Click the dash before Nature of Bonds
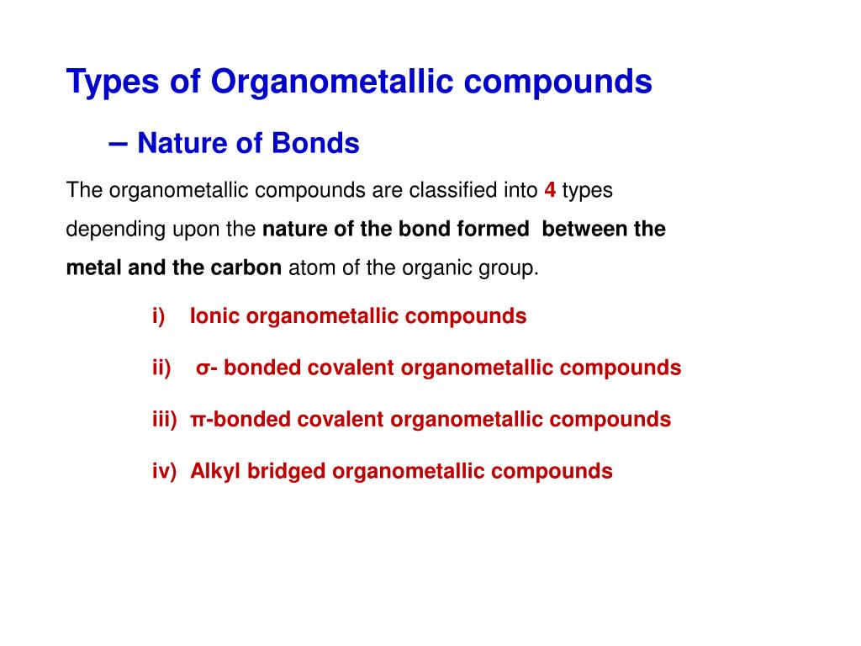(119, 143)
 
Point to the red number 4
(550, 190)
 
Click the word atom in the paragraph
(308, 268)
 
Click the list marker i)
(159, 316)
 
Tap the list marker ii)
(161, 368)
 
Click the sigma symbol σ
(203, 368)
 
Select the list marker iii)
(165, 419)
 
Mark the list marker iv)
(165, 471)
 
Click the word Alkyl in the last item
(215, 471)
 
